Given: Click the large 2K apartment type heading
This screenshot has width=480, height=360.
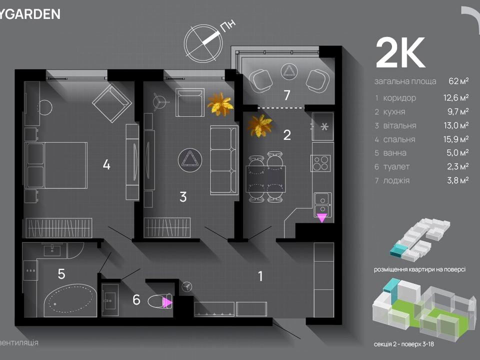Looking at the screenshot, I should click(400, 53).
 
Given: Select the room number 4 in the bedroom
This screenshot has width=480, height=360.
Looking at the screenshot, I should click(106, 164).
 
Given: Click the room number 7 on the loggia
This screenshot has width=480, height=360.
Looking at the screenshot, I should click(287, 95).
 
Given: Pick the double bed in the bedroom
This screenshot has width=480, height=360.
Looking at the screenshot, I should click(56, 165).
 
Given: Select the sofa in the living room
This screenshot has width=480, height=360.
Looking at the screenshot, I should click(223, 160).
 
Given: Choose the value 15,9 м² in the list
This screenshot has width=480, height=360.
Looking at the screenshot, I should click(457, 139).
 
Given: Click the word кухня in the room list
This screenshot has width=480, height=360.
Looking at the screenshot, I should click(394, 111).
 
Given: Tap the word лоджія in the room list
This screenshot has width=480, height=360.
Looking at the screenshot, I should click(396, 180).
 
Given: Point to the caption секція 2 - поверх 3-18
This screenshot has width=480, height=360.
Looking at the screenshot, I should click(409, 344).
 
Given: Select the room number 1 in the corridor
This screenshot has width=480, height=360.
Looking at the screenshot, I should click(260, 275).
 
